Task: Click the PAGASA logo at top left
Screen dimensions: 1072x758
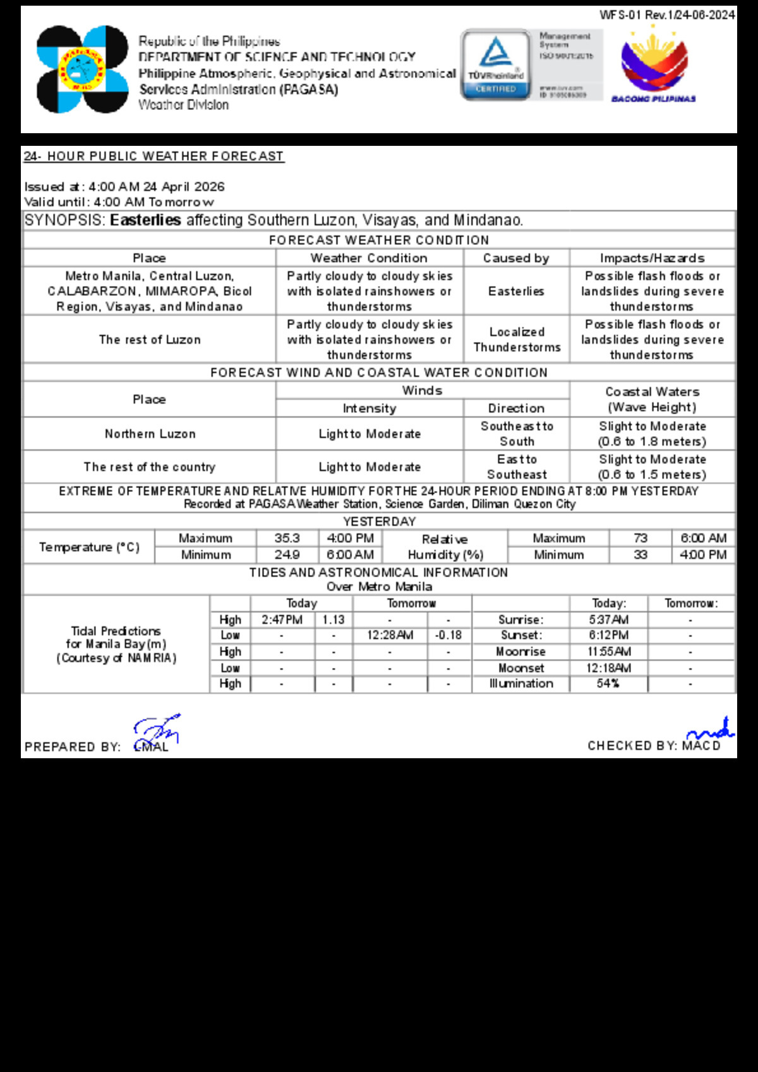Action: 82,69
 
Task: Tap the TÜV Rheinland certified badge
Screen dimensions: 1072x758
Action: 496,64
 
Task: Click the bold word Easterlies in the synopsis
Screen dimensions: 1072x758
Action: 145,220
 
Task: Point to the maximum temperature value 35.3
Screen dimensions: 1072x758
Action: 287,539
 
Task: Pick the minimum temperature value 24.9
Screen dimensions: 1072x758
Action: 287,555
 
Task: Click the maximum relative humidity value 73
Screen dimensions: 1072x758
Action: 641,539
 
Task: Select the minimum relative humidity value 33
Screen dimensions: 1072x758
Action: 641,555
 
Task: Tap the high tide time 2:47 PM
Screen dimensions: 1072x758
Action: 282,620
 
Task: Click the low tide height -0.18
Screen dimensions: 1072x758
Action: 448,635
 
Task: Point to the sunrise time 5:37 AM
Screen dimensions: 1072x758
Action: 608,620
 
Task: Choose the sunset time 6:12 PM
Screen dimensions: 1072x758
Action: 608,635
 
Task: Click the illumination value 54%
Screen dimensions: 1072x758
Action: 608,684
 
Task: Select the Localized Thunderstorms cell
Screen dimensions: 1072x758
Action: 517,340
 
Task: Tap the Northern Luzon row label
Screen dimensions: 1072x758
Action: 150,434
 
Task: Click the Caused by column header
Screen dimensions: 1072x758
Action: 516,258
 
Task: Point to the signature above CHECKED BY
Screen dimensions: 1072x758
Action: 711,729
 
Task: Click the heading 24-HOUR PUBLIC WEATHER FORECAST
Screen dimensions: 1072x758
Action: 153,156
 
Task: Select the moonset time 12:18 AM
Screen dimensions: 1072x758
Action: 608,668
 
